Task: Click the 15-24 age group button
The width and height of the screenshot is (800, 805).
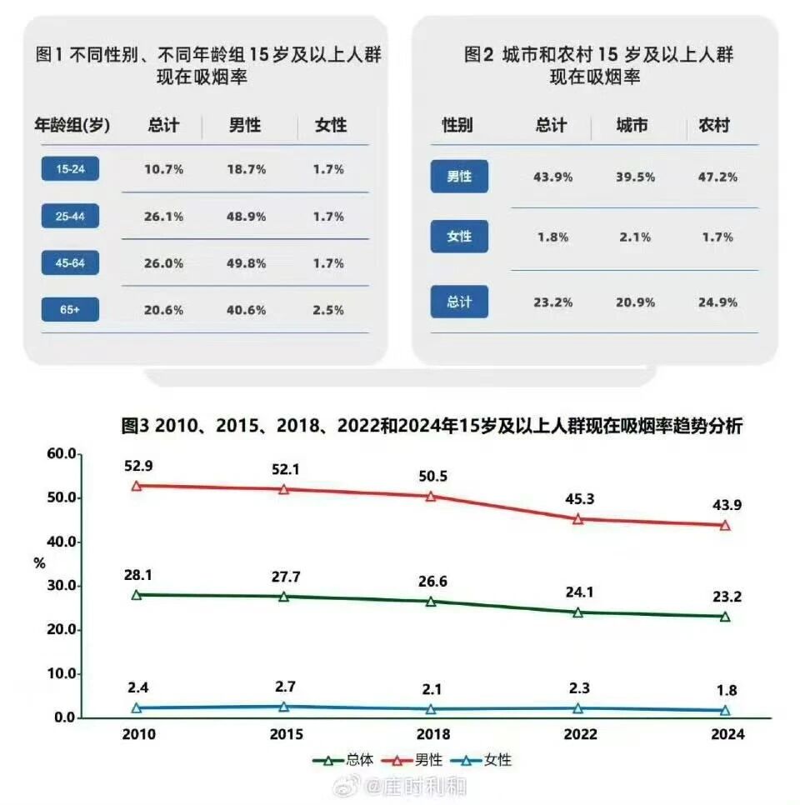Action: point(70,169)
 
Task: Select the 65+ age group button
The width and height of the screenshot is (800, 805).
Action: point(70,310)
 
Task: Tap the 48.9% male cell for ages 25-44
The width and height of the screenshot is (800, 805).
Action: point(247,217)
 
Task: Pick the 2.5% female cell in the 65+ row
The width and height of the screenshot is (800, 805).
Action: point(328,310)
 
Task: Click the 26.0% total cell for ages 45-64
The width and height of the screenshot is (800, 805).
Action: point(163,263)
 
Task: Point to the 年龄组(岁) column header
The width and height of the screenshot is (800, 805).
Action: point(72,126)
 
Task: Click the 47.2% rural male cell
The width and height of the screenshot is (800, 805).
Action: point(717,177)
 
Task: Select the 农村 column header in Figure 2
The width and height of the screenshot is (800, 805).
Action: point(713,126)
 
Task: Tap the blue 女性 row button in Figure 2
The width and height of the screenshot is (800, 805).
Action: point(459,237)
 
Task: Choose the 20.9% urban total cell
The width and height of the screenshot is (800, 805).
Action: point(635,302)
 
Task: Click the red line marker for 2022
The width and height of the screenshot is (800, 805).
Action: point(577,518)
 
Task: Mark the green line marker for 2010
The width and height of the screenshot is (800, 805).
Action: point(137,595)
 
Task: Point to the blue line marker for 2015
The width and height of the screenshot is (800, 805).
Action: point(284,707)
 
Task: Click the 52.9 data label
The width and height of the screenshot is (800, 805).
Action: point(137,465)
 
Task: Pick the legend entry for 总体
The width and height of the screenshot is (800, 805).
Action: point(345,760)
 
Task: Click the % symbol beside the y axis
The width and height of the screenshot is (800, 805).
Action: point(39,563)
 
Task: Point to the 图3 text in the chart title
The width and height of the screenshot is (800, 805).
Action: point(135,426)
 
